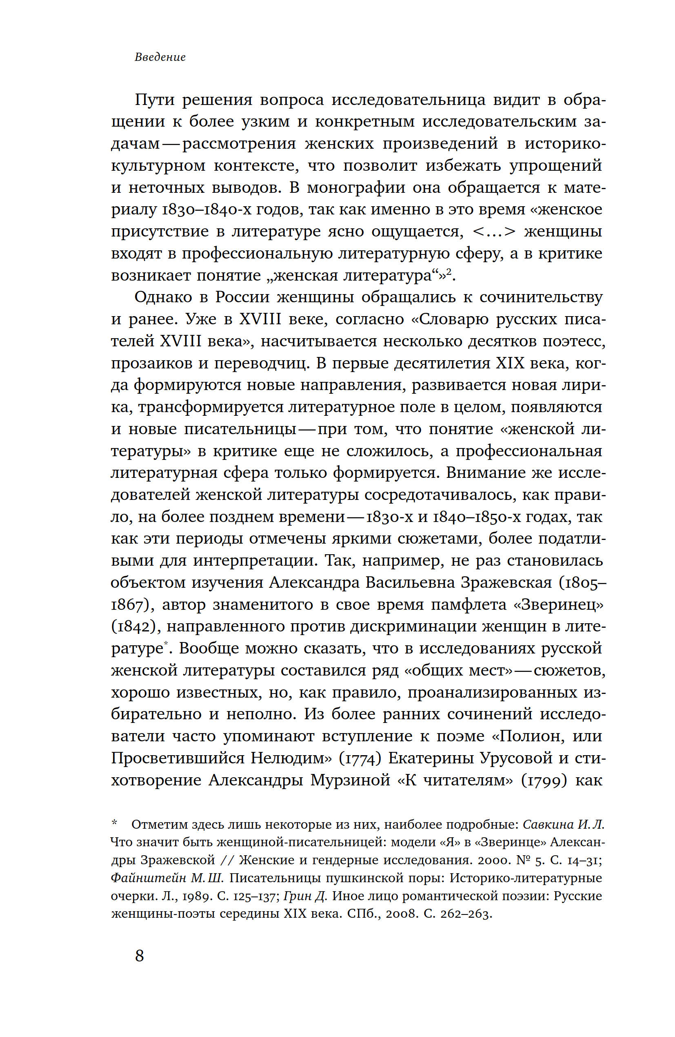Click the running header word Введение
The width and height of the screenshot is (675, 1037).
(160, 57)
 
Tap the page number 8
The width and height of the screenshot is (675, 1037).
(139, 956)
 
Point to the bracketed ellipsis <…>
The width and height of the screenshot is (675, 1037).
(494, 231)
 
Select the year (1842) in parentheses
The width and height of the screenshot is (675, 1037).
(136, 627)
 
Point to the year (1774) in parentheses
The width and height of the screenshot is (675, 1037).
(360, 758)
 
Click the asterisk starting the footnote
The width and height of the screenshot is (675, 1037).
(115, 823)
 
